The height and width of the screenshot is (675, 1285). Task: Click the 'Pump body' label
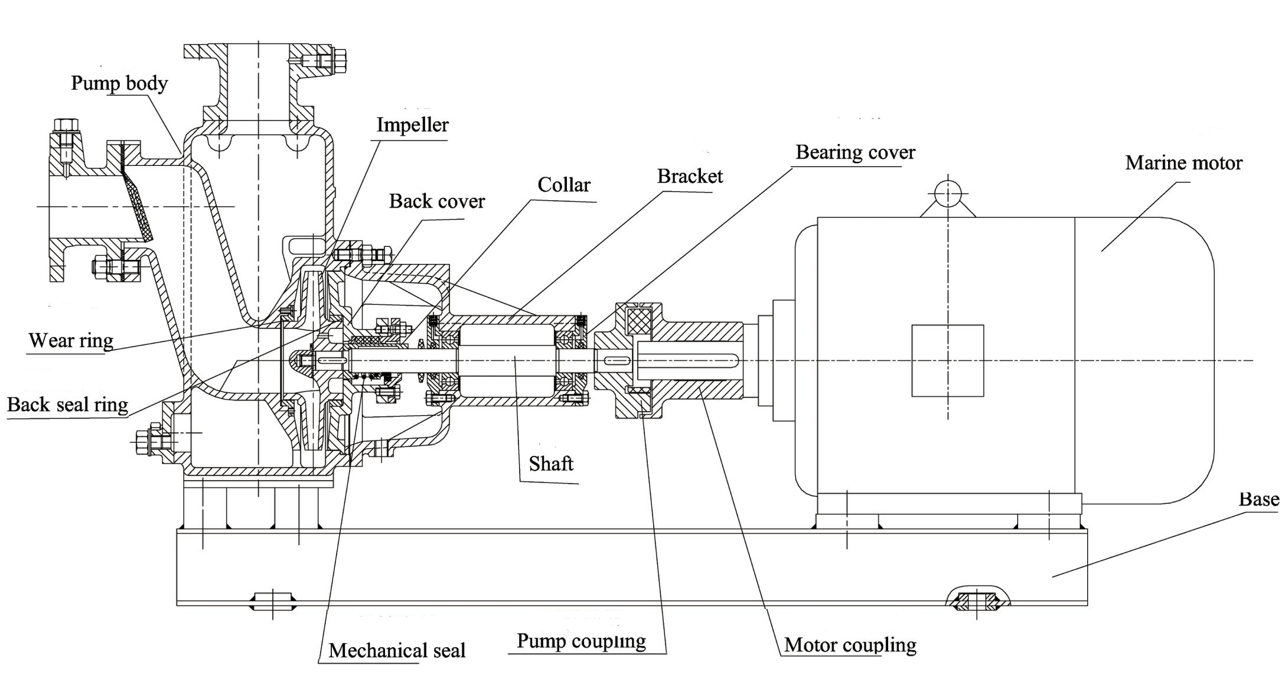pos(119,83)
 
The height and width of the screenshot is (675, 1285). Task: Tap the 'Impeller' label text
pos(412,125)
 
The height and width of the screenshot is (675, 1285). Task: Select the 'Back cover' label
pos(436,201)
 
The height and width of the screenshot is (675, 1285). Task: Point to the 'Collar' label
pos(563,185)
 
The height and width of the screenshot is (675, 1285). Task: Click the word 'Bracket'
pos(690,176)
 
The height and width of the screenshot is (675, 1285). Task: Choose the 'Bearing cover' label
pos(855,152)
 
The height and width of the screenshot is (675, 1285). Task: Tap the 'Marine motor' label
pos(1183,163)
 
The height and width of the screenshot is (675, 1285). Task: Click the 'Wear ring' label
pos(71,340)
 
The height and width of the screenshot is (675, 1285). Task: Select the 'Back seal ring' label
pos(67,405)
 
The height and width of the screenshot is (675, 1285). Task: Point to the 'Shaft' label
pos(551,464)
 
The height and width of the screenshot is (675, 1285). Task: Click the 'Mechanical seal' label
pos(397,650)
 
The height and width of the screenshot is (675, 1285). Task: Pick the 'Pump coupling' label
pos(581,641)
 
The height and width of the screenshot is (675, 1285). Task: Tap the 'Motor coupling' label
pos(850,644)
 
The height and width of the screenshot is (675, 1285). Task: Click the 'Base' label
pos(1258,500)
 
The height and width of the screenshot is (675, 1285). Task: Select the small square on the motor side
pos(948,360)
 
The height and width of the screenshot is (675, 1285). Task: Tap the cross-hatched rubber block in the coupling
pos(638,322)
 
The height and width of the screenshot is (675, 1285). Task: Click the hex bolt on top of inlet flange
pos(66,125)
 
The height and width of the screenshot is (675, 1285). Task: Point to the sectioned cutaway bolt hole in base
pos(977,601)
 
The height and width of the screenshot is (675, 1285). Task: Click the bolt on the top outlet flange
pos(324,61)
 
